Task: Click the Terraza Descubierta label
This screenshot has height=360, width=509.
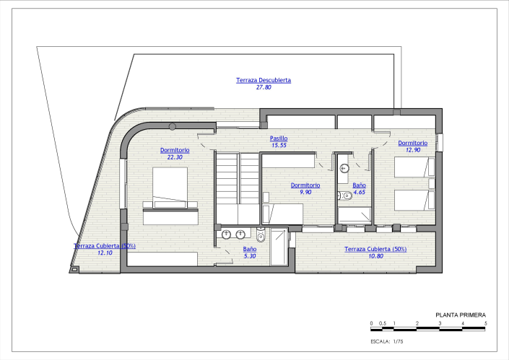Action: (x=264, y=80)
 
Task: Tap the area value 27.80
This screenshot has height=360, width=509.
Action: (x=264, y=87)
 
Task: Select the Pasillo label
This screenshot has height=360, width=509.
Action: (x=279, y=138)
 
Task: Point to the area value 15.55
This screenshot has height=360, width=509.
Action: (x=279, y=145)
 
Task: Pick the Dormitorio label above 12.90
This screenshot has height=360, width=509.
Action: (x=412, y=143)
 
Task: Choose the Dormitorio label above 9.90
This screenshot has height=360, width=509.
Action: (x=305, y=185)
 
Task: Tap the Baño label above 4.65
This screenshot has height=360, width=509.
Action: (x=359, y=185)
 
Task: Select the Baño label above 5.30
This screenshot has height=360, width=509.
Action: (x=249, y=249)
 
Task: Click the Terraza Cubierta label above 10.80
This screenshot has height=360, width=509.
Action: (x=375, y=249)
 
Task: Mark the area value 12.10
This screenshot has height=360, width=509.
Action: (x=105, y=253)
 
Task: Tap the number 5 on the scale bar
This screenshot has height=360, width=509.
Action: (x=486, y=323)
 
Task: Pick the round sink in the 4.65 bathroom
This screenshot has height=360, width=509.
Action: (x=344, y=170)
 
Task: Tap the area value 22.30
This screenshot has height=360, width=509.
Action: (x=175, y=157)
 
